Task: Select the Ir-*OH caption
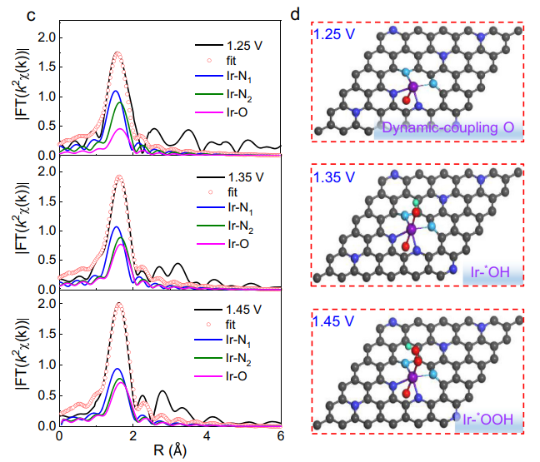[492, 271]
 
